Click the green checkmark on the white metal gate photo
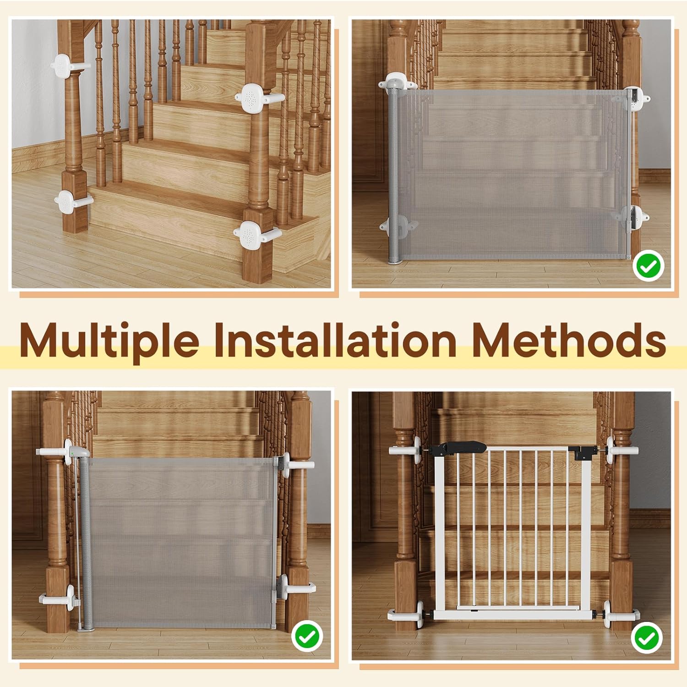click(648, 638)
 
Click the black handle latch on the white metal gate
click(456, 448)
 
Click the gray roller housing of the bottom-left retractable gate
click(86, 541)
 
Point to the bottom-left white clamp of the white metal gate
click(410, 613)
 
